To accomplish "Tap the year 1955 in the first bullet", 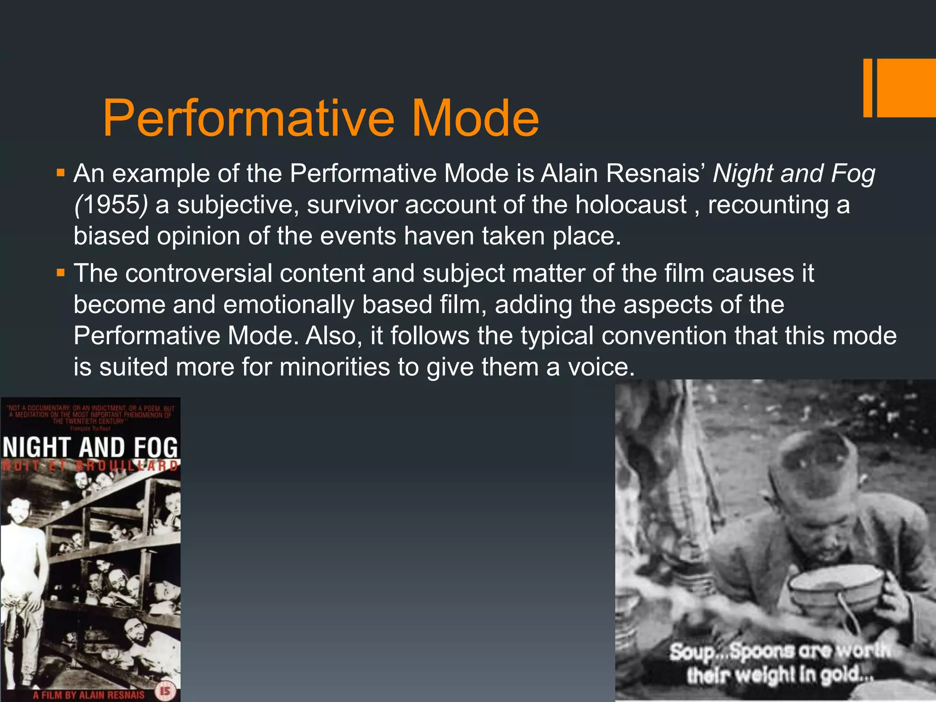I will point(112,204).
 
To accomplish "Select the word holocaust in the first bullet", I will point(631,204).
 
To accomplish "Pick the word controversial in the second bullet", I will point(198,273).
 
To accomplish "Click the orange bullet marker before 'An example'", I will point(60,174).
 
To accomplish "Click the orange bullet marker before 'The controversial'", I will point(60,273).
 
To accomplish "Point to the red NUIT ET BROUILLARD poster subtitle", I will point(90,466).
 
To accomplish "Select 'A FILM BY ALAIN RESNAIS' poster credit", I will point(89,695).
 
